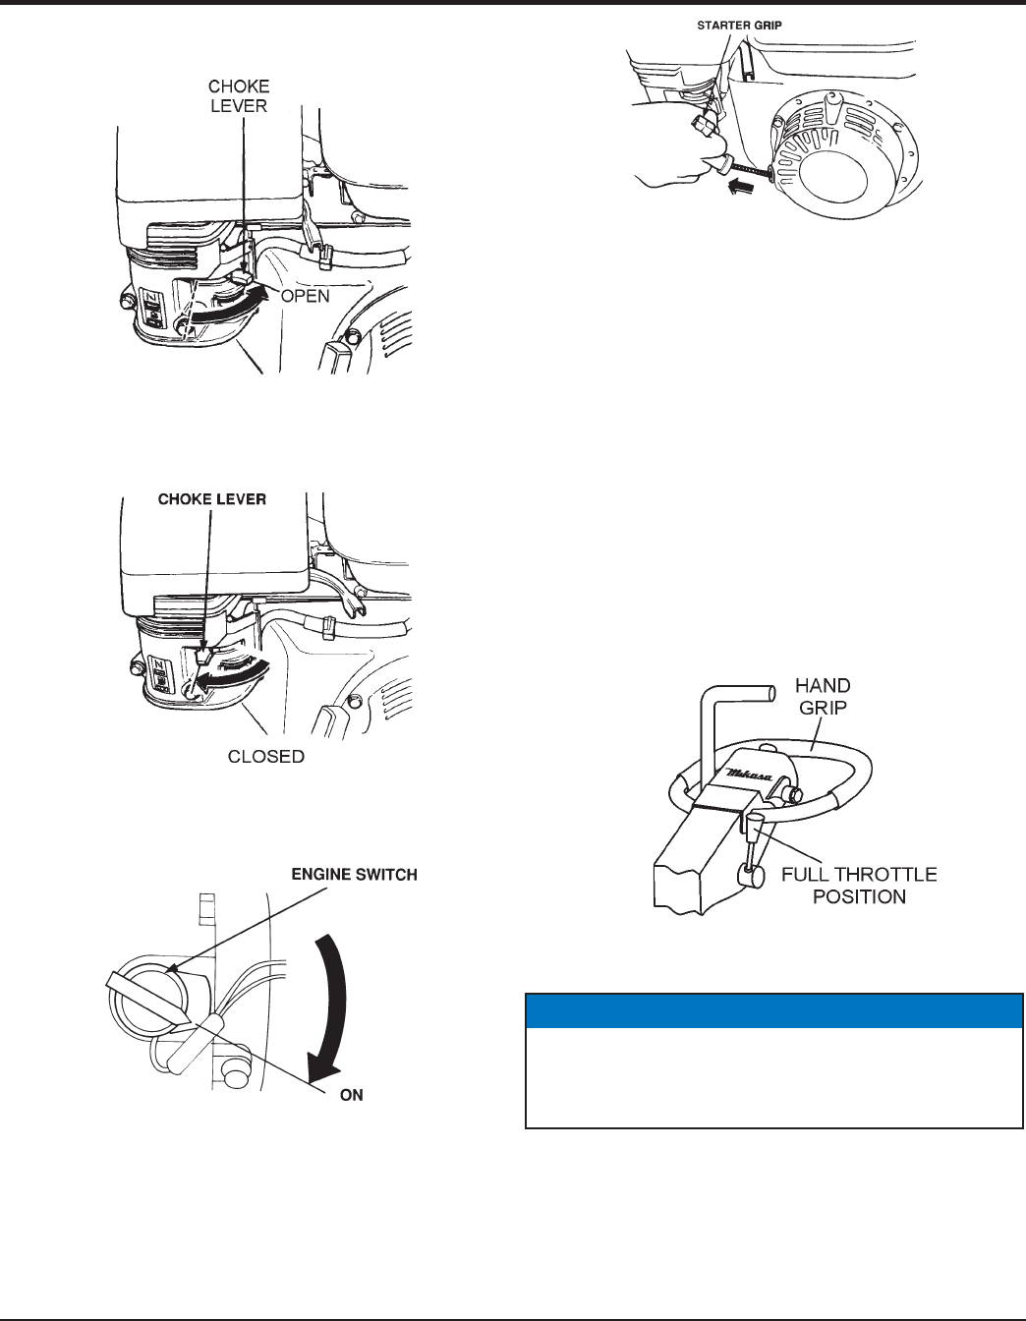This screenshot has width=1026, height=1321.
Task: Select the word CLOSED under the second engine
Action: click(266, 757)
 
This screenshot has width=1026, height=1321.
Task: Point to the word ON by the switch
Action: click(352, 1095)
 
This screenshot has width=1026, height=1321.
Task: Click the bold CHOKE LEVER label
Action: click(212, 499)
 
